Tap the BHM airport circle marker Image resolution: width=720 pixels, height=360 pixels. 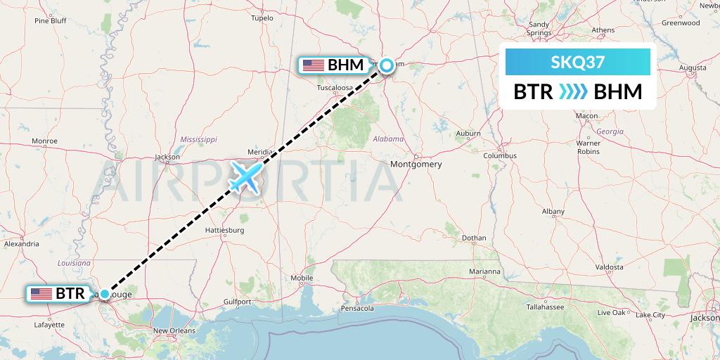386,65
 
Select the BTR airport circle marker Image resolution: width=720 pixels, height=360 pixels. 105,294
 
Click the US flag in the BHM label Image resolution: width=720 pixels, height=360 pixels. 313,65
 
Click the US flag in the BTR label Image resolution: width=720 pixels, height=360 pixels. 41,294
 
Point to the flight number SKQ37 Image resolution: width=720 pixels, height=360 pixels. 577,63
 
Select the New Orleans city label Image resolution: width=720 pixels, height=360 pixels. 174,330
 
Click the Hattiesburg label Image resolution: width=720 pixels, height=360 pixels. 224,230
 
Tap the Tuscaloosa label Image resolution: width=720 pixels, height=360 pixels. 335,88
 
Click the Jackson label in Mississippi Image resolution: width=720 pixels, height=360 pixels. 167,157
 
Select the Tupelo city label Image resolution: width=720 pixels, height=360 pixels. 262,18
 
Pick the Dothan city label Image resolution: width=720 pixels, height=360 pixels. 475,238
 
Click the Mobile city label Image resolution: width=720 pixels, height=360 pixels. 302,277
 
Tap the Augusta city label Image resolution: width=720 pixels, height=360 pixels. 693,67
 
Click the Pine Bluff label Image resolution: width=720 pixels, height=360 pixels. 50,20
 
